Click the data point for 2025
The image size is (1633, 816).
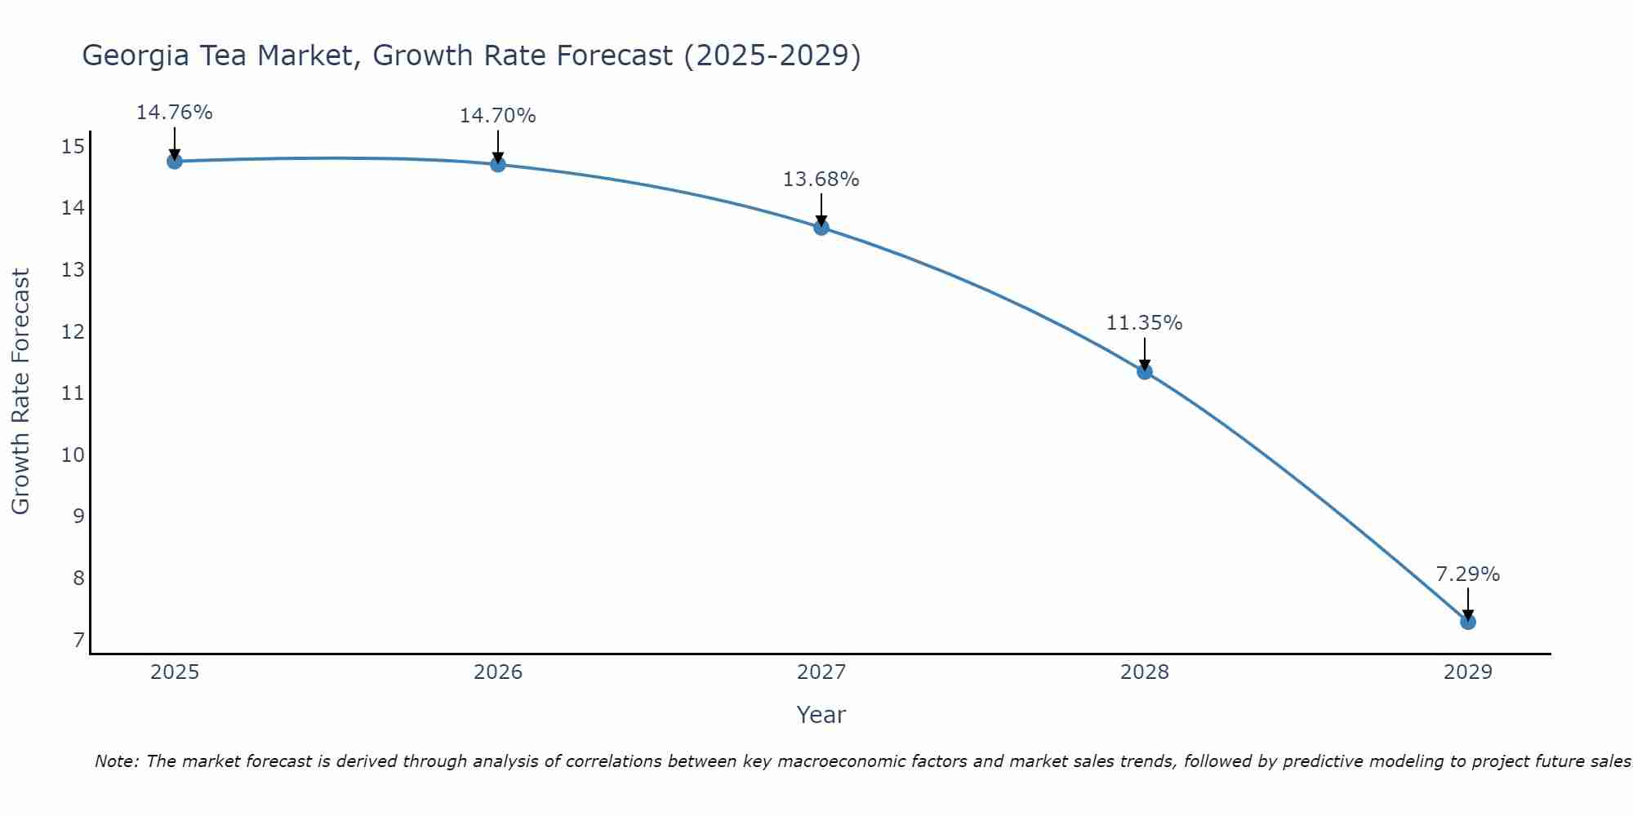pos(175,162)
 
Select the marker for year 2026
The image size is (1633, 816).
pos(498,165)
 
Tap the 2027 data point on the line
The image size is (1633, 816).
pos(821,228)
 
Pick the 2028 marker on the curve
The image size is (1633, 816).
pos(1145,372)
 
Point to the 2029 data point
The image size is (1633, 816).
pos(1468,622)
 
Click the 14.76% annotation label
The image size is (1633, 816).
pos(174,113)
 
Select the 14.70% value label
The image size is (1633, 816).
pos(497,116)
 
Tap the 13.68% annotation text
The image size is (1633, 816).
pos(821,180)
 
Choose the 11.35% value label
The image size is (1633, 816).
pos(1144,323)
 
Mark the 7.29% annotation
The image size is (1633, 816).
pos(1467,574)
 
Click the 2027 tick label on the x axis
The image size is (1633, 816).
pos(821,672)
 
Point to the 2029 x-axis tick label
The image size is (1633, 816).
pos(1468,672)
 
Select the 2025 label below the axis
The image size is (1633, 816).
pos(175,672)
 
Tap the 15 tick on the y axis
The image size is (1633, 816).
pos(73,147)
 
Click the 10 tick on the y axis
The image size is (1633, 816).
pos(73,455)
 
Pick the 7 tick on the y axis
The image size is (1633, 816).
pos(78,640)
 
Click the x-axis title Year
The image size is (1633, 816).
pos(821,715)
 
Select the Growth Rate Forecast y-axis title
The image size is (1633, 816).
pos(20,391)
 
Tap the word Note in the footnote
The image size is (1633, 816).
pos(116,761)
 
